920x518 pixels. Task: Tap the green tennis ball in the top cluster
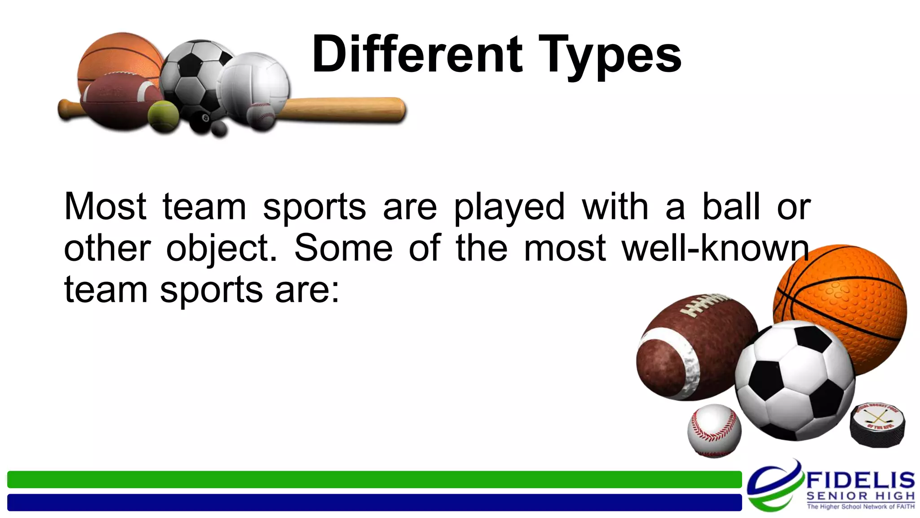(163, 116)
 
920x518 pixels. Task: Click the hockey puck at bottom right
(877, 425)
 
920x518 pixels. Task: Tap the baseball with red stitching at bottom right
(714, 430)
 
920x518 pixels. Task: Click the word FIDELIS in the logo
(860, 481)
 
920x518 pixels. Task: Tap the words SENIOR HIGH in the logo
(860, 496)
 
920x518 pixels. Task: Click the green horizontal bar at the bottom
(374, 479)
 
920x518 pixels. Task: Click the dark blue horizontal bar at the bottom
(374, 502)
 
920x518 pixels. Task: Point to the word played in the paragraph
(509, 208)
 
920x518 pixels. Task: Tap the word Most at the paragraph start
(105, 207)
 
